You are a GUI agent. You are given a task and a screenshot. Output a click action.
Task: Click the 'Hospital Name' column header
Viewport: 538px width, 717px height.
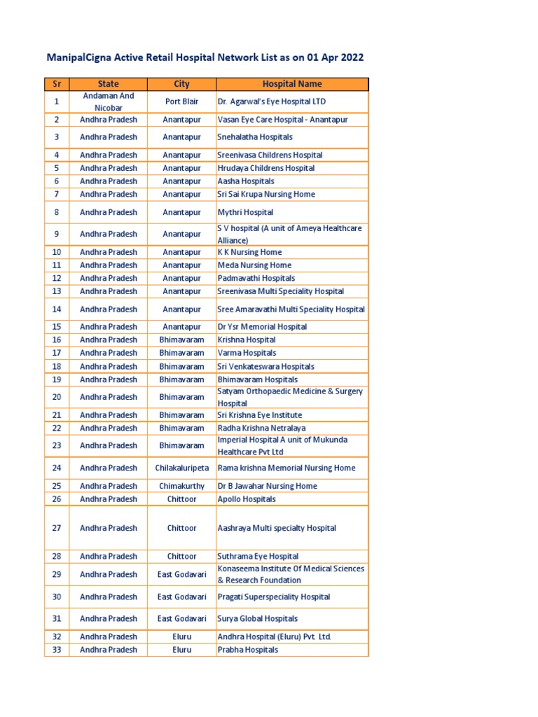[x=292, y=84]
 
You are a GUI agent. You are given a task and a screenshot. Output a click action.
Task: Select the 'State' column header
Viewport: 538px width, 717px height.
[x=109, y=84]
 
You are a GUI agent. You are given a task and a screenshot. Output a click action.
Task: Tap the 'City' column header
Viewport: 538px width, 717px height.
[x=181, y=84]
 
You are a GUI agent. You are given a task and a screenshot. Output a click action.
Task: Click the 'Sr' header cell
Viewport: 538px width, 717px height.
[x=57, y=84]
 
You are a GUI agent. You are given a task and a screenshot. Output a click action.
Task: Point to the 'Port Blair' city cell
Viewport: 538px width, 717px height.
[x=181, y=102]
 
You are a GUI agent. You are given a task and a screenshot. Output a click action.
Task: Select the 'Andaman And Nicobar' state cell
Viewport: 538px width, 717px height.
[x=109, y=102]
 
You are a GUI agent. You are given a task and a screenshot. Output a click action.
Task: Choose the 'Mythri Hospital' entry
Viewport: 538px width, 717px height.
[x=245, y=212]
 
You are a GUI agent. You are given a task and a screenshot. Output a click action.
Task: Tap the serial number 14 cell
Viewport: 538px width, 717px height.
[x=57, y=309]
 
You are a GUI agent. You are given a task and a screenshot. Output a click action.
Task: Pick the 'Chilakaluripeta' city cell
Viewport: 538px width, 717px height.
[x=181, y=468]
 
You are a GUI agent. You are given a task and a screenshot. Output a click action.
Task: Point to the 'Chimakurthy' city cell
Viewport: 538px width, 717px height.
[x=181, y=486]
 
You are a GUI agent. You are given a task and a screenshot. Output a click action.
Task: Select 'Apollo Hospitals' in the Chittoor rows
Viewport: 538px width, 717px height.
[x=247, y=499]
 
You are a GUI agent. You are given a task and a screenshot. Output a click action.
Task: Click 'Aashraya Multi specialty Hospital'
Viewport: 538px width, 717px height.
[x=277, y=528]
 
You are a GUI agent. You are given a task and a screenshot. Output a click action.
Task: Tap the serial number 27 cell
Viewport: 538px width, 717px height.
[x=57, y=528]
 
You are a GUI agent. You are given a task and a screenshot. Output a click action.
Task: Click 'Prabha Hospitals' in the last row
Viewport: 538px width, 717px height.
[x=248, y=650]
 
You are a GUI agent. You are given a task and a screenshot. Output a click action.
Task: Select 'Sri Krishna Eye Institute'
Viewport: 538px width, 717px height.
[x=260, y=415]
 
